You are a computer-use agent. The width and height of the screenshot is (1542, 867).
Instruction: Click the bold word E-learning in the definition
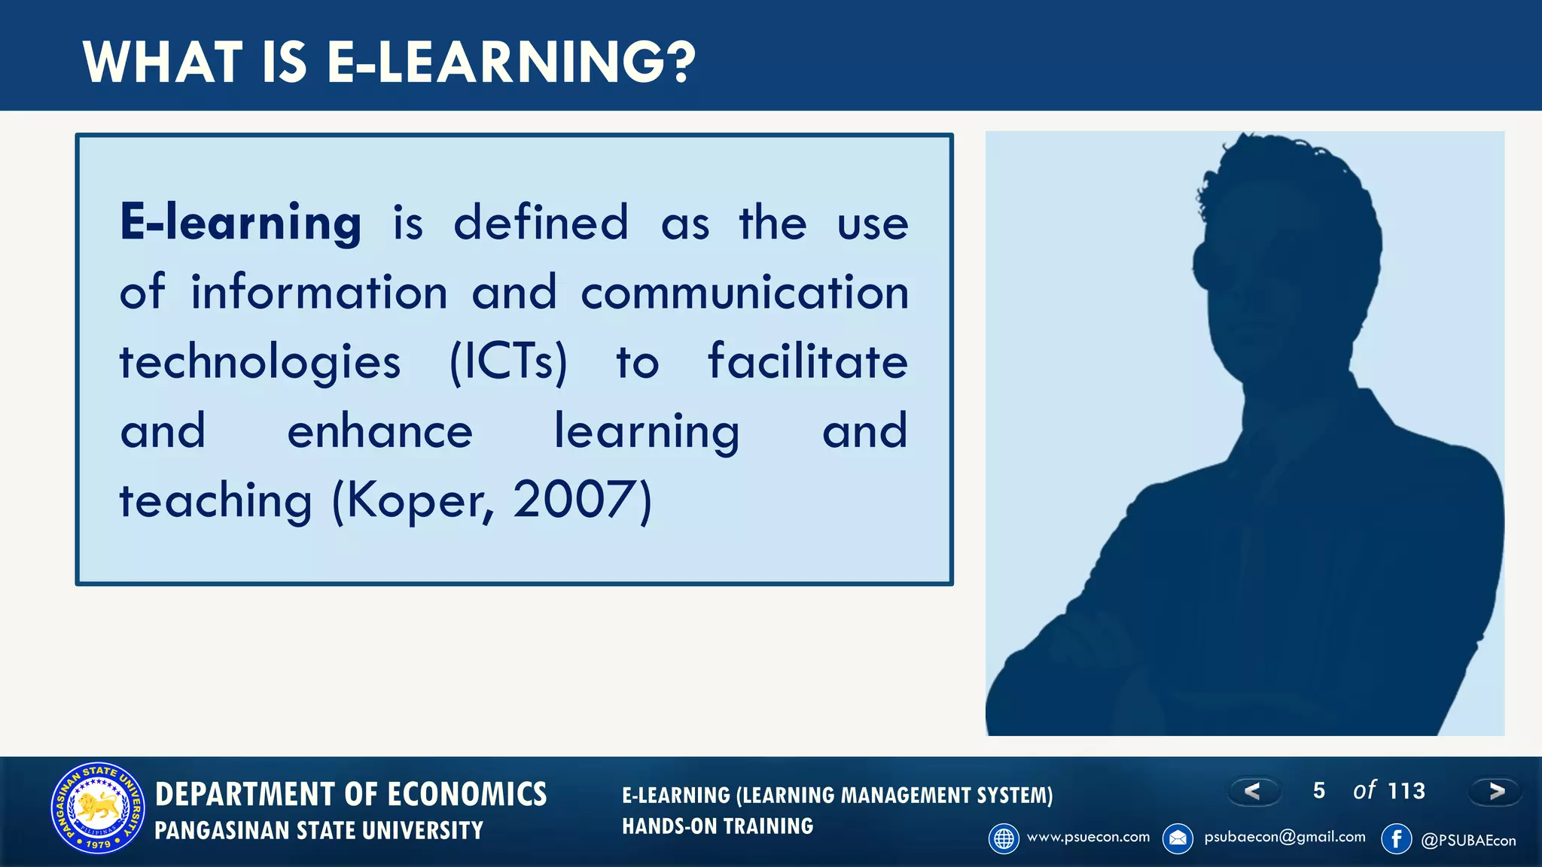tap(240, 223)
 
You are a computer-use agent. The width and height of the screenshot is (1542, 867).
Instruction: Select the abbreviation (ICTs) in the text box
tap(508, 362)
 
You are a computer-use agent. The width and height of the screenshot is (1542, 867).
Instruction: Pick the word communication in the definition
tap(744, 293)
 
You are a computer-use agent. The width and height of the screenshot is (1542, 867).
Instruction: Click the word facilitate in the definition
tap(807, 361)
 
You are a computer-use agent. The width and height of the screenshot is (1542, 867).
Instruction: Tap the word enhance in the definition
tap(379, 432)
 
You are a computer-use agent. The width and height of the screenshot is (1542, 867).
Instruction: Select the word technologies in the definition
tap(260, 363)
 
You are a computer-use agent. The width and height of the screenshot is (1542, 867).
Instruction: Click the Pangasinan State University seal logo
tap(98, 809)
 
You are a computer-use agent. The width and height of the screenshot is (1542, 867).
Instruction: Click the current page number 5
tap(1318, 790)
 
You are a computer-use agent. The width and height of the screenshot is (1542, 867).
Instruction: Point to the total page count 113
tap(1406, 791)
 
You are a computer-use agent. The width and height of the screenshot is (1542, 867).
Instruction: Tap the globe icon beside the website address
tap(1004, 838)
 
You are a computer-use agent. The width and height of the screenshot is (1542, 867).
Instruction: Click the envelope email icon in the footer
tap(1178, 838)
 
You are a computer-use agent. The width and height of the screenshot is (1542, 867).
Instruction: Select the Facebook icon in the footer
tap(1396, 838)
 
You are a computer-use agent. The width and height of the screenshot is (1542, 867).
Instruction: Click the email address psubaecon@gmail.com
tap(1284, 837)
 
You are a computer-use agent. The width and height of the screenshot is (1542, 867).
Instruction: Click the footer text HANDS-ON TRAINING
tap(718, 826)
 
